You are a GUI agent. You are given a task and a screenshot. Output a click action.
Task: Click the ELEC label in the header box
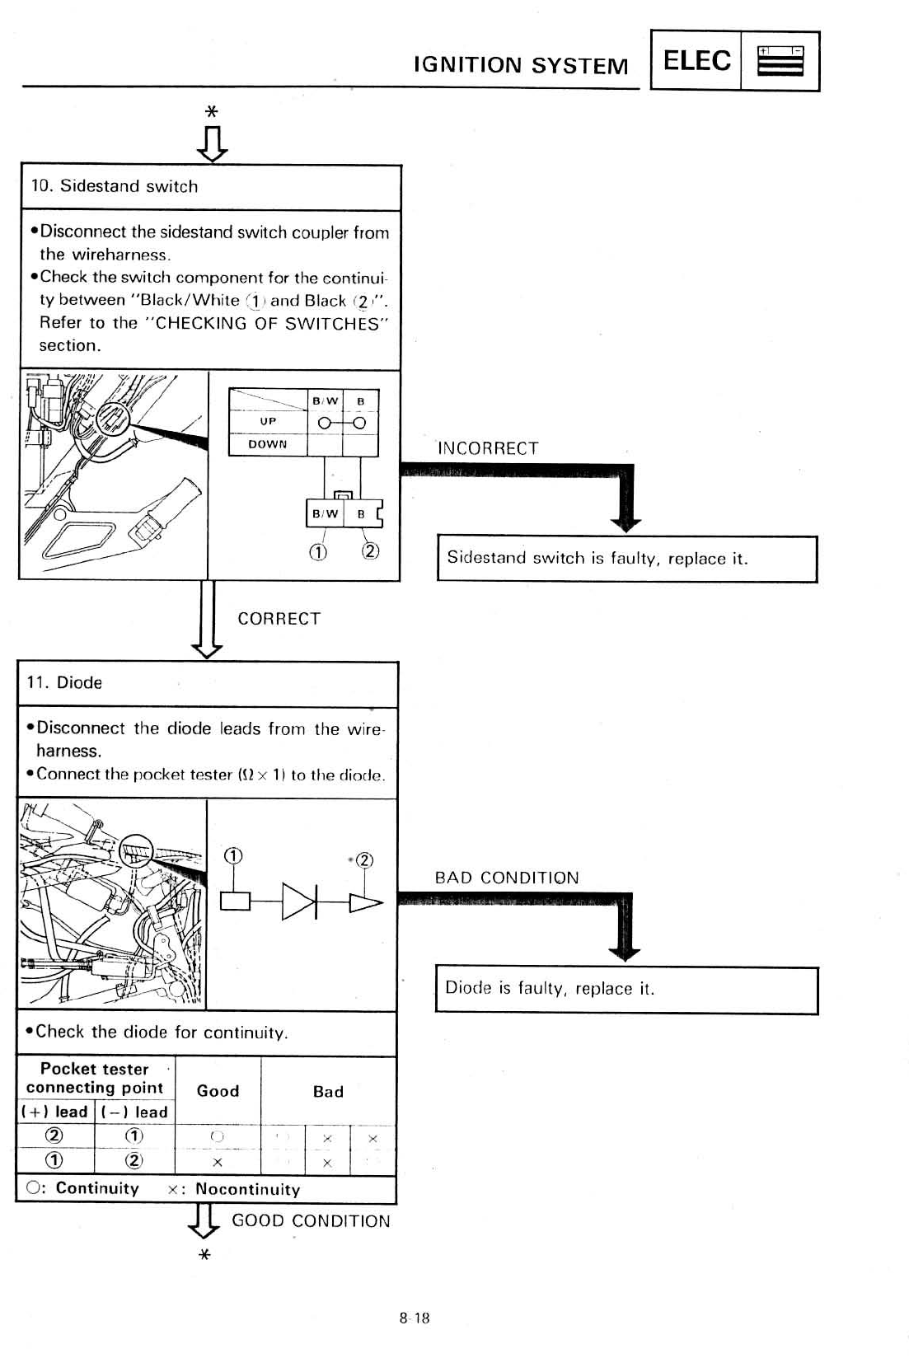[x=696, y=60]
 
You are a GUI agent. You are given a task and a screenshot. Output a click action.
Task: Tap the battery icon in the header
[x=780, y=61]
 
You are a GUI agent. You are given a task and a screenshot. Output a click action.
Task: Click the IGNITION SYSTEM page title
[x=521, y=65]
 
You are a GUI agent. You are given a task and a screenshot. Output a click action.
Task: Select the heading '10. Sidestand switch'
[x=115, y=186]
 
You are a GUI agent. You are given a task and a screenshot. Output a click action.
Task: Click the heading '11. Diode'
[x=64, y=682]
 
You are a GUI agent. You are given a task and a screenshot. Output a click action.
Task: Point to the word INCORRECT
[x=488, y=448]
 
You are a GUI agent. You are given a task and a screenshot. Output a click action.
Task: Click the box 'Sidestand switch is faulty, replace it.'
[x=626, y=559]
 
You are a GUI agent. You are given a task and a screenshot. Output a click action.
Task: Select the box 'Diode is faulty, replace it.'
[x=626, y=989]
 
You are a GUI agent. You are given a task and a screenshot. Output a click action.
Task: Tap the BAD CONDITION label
[x=507, y=878]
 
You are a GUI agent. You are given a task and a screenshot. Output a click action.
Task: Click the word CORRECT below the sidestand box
[x=279, y=619]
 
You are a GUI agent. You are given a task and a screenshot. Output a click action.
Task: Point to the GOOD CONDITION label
[x=311, y=1221]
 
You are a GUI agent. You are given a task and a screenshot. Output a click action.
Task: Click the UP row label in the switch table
[x=268, y=421]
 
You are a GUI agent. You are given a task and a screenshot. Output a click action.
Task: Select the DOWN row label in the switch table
[x=268, y=444]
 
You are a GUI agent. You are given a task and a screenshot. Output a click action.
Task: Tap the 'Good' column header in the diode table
[x=218, y=1091]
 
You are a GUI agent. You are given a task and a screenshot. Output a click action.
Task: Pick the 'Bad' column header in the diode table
[x=328, y=1092]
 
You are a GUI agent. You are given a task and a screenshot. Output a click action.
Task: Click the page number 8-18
[x=415, y=1318]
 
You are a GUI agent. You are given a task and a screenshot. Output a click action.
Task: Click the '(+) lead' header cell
[x=55, y=1112]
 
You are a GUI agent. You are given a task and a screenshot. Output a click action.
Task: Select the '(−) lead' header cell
[x=134, y=1112]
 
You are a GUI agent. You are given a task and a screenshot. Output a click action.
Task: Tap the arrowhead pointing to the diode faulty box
[x=625, y=953]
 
